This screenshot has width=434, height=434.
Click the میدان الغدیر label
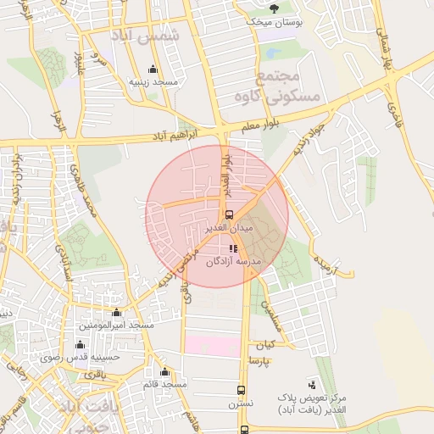[x=229, y=229]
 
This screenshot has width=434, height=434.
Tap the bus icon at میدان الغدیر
[x=229, y=214]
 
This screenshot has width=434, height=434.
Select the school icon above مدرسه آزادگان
[x=233, y=248]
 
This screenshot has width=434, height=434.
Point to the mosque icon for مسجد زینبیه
[x=153, y=70]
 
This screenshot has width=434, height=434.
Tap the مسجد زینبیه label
[x=153, y=83]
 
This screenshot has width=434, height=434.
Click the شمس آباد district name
[x=147, y=36]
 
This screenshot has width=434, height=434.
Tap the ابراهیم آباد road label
[x=173, y=136]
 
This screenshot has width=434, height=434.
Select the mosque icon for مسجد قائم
[x=164, y=372]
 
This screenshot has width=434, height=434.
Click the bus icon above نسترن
[x=242, y=391]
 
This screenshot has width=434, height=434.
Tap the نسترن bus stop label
[x=240, y=405]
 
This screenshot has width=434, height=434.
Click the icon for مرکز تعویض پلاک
[x=312, y=384]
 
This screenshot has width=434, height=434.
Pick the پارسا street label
[x=259, y=362]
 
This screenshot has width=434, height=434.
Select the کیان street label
[x=266, y=346]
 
